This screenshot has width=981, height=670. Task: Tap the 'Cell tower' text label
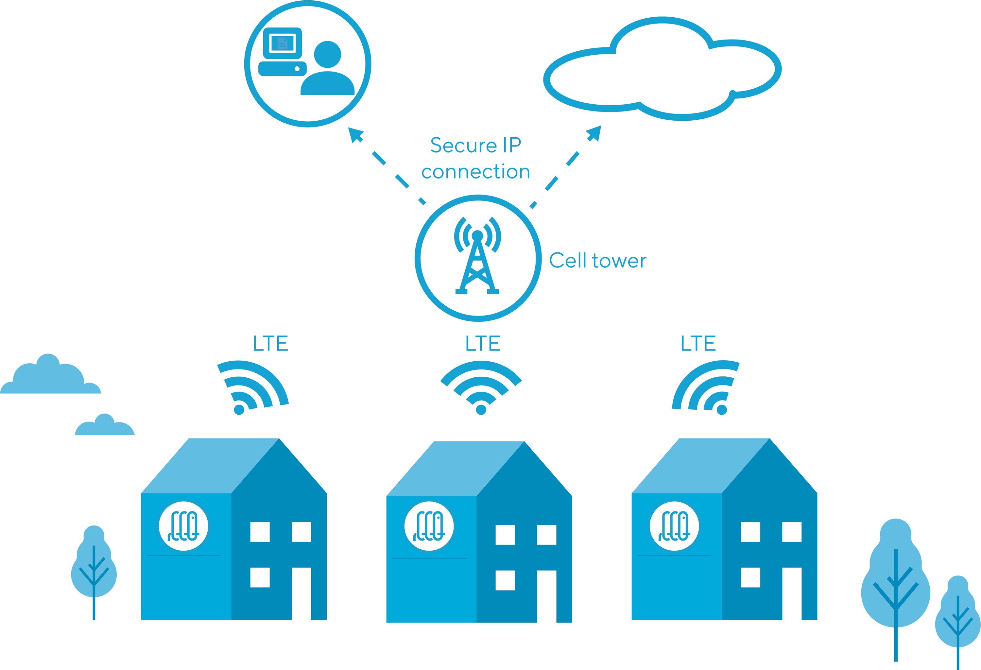[598, 261]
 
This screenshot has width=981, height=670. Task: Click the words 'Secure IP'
[476, 145]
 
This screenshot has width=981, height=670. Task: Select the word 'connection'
[476, 172]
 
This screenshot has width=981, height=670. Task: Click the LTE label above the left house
[270, 343]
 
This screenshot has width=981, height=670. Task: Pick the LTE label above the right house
[698, 343]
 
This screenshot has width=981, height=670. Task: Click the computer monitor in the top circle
[283, 43]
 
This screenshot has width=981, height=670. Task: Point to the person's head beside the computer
[328, 55]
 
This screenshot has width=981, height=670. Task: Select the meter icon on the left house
[184, 526]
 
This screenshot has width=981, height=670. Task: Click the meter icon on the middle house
[429, 526]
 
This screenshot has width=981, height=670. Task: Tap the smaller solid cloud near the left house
[105, 425]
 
